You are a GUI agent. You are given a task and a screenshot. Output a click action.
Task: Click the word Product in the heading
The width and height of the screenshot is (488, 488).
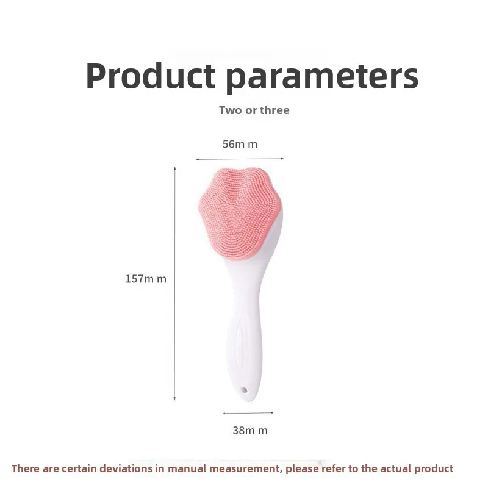[x=150, y=76]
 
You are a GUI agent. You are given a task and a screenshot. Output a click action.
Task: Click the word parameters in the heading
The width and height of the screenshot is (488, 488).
[x=322, y=77]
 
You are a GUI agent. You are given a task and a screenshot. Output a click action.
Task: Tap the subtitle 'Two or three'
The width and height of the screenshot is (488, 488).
[x=254, y=110]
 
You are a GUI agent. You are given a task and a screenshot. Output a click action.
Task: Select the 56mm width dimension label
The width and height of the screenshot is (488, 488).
[x=240, y=144]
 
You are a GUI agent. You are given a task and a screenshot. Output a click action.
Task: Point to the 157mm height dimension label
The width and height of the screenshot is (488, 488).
[x=146, y=279]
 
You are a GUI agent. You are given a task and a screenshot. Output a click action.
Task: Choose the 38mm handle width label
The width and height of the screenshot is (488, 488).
[x=250, y=430]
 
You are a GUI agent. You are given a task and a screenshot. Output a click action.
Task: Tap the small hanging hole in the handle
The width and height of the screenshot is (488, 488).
[x=245, y=389]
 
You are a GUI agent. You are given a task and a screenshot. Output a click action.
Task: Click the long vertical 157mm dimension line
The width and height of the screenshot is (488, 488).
[x=175, y=281]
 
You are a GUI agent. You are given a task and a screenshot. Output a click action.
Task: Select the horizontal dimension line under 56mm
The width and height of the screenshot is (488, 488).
[x=240, y=159]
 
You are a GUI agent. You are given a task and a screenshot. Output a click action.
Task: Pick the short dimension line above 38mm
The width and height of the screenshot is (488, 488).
[x=248, y=413]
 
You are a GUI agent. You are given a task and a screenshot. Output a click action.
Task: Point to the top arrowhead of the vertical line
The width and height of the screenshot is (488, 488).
[x=175, y=168]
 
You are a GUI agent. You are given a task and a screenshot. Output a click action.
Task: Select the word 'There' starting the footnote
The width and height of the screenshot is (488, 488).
[x=25, y=468]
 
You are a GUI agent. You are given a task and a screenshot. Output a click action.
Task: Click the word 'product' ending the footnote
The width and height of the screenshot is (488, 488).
[x=433, y=468]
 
